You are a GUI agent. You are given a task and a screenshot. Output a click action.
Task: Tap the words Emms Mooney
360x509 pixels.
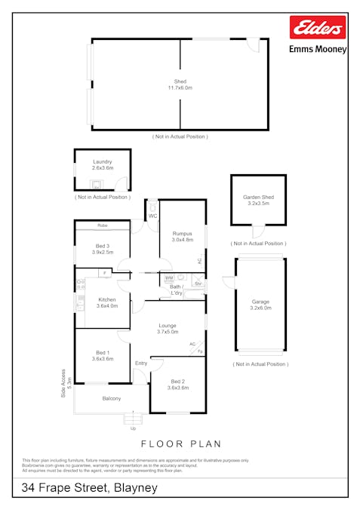(318, 49)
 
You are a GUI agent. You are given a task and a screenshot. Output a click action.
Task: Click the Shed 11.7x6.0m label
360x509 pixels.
(180, 84)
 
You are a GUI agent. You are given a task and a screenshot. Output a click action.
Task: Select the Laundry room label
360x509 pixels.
(102, 165)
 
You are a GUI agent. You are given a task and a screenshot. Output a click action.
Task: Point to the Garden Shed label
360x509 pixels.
(258, 200)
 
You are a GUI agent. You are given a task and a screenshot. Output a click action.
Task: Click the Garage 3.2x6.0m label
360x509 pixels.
(260, 305)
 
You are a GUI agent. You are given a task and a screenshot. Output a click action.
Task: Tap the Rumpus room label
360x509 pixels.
(183, 237)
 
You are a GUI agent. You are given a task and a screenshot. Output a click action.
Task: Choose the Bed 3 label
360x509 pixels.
(103, 249)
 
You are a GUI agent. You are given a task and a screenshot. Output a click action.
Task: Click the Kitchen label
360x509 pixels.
(106, 302)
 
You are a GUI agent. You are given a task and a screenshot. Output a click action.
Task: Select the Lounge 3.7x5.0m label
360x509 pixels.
(168, 328)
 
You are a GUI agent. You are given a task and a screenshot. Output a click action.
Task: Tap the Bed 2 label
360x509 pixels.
(178, 383)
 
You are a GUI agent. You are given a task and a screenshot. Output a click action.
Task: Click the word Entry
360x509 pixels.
(141, 363)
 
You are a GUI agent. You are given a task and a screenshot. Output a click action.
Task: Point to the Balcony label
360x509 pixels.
(112, 398)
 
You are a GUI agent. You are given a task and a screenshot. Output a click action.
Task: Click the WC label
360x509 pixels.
(152, 216)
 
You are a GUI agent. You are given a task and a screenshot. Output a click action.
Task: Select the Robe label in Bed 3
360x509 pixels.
(102, 225)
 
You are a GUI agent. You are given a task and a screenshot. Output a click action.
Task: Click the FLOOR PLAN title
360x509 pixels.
(180, 445)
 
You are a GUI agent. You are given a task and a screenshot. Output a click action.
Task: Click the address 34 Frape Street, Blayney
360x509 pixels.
(90, 489)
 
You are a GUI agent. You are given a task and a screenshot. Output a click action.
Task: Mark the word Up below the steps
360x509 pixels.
(134, 428)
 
